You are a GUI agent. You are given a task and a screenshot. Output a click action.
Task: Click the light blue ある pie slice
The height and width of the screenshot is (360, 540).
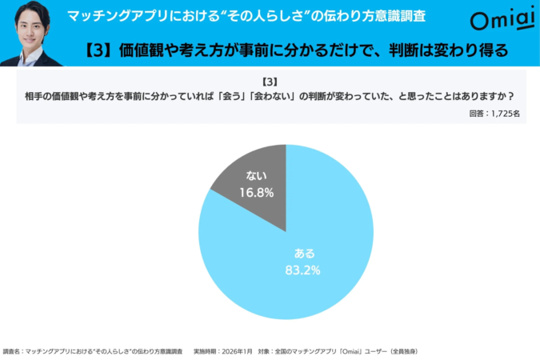(x=320, y=240)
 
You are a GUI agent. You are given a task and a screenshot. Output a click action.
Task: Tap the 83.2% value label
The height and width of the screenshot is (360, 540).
(x=302, y=270)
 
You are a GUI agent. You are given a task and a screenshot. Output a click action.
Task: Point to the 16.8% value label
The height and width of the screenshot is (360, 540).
(x=256, y=192)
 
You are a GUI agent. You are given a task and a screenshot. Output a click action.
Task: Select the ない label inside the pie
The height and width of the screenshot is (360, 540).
(x=256, y=177)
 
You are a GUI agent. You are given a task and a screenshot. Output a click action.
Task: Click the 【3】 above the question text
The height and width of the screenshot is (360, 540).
(x=269, y=82)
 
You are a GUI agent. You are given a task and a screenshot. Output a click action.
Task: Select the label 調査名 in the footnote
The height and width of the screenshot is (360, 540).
(x=12, y=351)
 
